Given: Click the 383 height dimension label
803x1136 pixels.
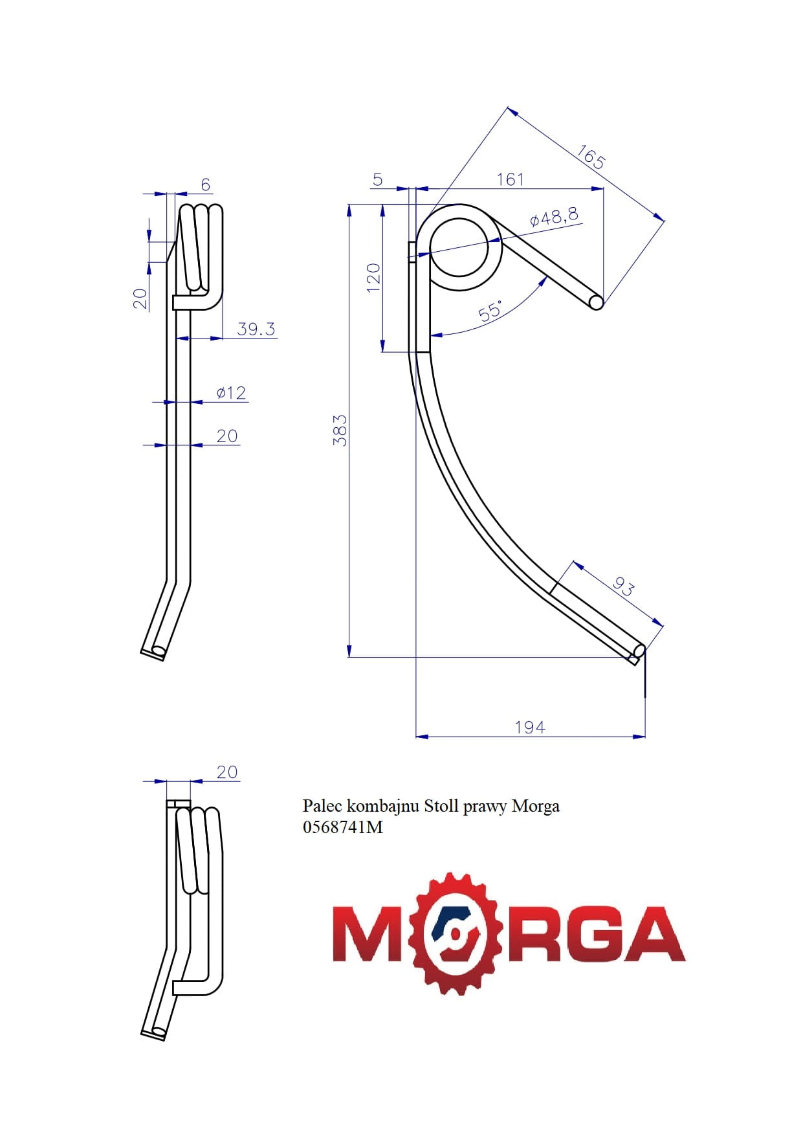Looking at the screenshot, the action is click(340, 430).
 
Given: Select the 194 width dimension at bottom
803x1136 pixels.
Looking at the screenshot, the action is click(530, 728).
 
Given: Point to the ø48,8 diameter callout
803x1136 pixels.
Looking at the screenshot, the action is click(554, 216).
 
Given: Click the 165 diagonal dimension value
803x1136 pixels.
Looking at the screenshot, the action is click(591, 157).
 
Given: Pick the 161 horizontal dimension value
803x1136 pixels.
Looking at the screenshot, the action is click(510, 179).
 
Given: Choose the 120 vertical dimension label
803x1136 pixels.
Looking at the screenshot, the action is click(373, 278).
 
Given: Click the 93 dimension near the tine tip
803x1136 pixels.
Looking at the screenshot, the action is click(623, 586).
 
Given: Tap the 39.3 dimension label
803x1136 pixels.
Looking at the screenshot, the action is click(256, 329).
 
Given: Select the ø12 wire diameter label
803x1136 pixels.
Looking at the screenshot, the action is click(231, 393).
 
